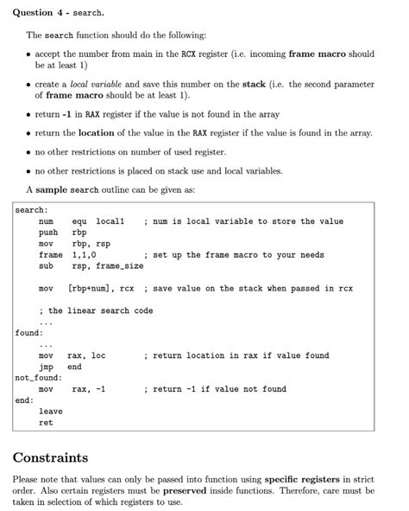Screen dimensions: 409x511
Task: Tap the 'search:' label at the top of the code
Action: click(x=32, y=210)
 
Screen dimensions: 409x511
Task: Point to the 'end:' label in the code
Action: click(x=25, y=400)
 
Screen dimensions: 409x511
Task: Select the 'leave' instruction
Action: click(x=51, y=412)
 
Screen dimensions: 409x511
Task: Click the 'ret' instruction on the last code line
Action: click(x=46, y=423)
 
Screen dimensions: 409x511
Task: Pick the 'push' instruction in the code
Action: click(x=48, y=233)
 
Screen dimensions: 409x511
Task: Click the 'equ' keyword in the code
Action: click(x=79, y=221)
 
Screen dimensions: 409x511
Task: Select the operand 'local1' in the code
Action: click(x=110, y=221)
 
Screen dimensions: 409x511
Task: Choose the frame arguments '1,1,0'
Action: click(x=85, y=255)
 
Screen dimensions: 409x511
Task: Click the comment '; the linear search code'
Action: click(x=96, y=310)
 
